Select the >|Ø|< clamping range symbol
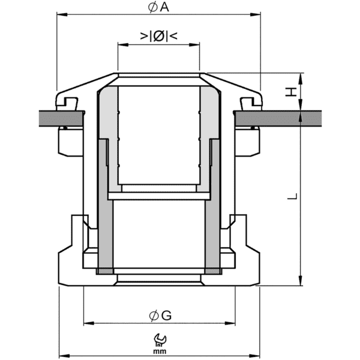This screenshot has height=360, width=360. tap(158, 36)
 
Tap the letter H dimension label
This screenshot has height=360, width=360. tap(290, 92)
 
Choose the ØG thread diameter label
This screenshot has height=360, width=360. tap(160, 314)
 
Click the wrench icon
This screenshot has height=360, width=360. tap(160, 340)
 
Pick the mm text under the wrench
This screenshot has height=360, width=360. tap(160, 350)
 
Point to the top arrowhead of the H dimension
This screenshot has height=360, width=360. tap(301, 76)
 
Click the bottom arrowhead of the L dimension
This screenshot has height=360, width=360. tap(301, 282)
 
